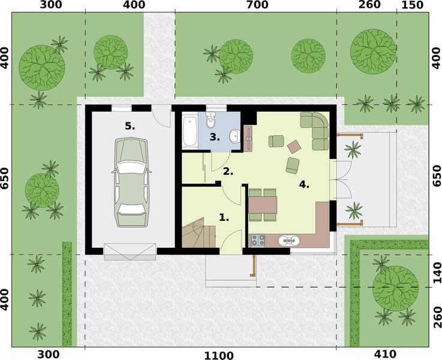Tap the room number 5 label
click(130, 126)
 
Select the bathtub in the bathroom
click(190, 131)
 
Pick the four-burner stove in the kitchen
click(257, 241)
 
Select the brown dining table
click(263, 205)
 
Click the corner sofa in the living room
click(317, 129)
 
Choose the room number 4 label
click(304, 184)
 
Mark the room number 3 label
click(215, 137)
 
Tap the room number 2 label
click(228, 171)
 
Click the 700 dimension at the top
click(255, 5)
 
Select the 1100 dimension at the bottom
click(218, 355)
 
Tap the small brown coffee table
click(294, 146)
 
